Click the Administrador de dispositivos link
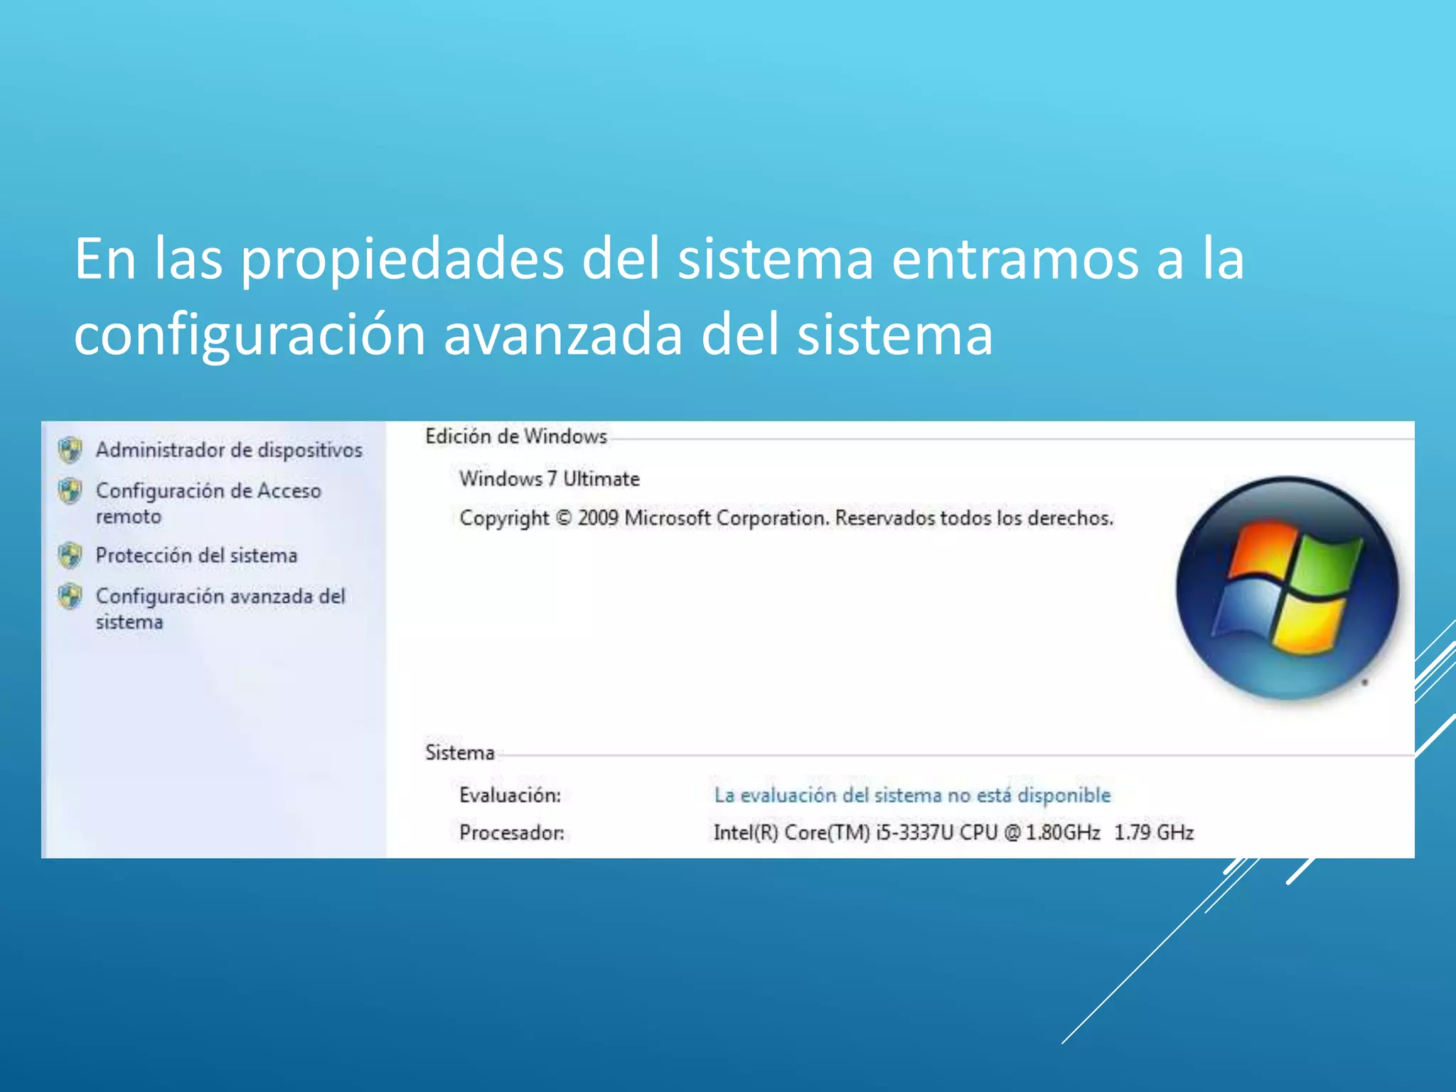[x=229, y=450]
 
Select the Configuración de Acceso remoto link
[x=208, y=503]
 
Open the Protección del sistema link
[x=196, y=555]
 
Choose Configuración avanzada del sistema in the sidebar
[x=220, y=608]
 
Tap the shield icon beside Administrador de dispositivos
[x=70, y=449]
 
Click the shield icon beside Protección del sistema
[x=70, y=555]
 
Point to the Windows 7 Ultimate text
[x=549, y=479]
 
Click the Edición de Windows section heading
[x=516, y=437]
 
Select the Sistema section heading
[x=459, y=752]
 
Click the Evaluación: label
[x=510, y=795]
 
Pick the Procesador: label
[x=511, y=833]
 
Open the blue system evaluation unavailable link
[x=912, y=795]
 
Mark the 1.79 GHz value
[x=1153, y=833]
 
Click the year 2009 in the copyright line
[x=597, y=518]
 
